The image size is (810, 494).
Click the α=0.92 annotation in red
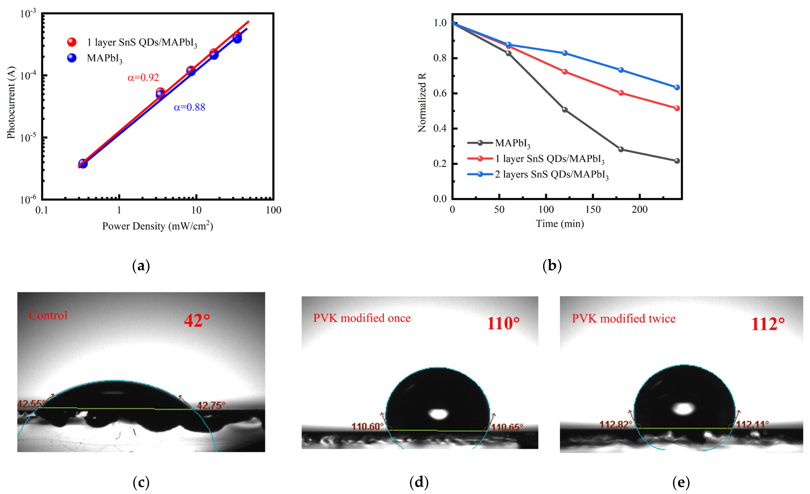point(143,77)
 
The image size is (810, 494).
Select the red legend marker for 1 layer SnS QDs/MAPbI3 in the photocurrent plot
point(72,42)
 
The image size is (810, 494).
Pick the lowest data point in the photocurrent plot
point(83,163)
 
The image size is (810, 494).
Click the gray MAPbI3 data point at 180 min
point(621,149)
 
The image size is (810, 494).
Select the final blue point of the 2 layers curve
point(677,87)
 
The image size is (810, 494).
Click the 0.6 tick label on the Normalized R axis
point(440,93)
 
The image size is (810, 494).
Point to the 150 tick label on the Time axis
point(593,209)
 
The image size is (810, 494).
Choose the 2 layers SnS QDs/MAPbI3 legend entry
point(552,174)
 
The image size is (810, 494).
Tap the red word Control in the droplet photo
point(48,316)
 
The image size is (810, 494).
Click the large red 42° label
point(197,320)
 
